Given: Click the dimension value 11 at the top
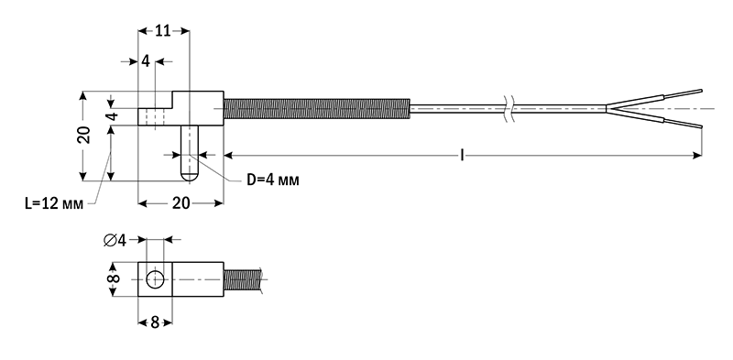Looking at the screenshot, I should pos(163,31).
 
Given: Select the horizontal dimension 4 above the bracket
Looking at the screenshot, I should pos(146,61).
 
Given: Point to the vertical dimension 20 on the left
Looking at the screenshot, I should pos(83,136).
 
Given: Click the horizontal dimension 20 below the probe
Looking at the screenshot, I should pos(181,203).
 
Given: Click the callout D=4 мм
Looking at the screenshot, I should pos(273,180).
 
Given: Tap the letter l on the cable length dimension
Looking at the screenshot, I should pos(463,157).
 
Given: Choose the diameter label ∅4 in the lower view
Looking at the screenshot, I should pos(115,240).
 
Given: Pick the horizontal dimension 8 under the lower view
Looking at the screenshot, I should pos(155,322).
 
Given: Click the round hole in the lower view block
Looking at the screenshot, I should pos(155,278).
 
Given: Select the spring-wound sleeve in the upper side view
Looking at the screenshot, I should pos(316,110).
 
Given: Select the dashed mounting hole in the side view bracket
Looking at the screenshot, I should pos(155,117).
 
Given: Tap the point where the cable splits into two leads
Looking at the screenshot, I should pos(607,110).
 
